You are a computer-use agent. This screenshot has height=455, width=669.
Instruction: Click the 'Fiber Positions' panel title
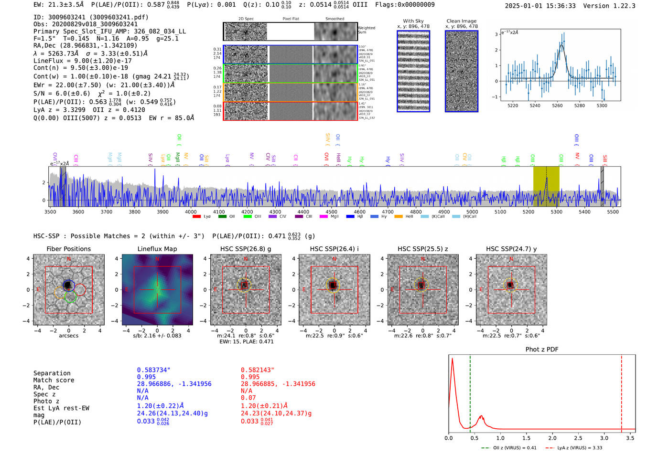point(68,249)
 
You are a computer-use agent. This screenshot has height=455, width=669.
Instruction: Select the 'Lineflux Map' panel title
point(157,249)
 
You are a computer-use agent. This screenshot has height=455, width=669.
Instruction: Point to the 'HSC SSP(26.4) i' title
point(334,249)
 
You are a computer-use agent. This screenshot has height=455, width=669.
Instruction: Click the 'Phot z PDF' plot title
point(542,349)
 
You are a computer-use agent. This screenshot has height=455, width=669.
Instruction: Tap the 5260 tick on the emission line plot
point(557,106)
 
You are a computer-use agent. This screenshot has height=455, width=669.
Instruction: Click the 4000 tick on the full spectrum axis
point(191,212)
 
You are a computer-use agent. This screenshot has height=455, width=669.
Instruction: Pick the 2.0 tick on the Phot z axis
point(552,438)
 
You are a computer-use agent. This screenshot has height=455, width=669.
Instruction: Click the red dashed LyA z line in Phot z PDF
point(622,392)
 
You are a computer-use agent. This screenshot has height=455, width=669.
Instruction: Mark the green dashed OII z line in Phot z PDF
point(470,392)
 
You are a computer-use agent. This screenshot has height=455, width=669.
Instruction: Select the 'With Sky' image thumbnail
point(413,71)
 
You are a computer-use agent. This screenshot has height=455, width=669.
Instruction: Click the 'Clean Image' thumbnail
point(462,71)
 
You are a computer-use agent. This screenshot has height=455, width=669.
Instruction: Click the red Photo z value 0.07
point(248,398)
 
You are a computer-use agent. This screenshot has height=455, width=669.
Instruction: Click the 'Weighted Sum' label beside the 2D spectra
point(367,30)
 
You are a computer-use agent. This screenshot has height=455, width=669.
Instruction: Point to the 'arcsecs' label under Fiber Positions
point(68,336)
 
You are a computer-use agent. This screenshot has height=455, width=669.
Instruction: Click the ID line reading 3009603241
point(91,17)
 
